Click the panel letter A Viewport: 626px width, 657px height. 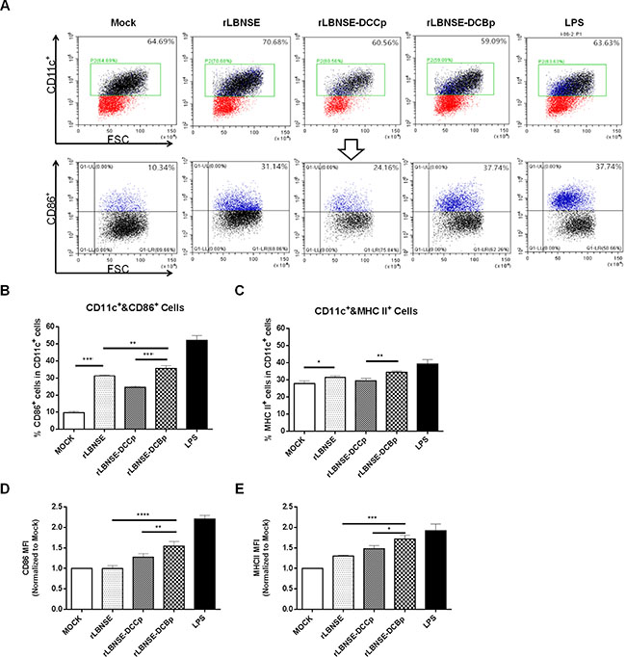click(9, 7)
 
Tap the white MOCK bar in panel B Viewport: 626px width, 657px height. click(75, 399)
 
